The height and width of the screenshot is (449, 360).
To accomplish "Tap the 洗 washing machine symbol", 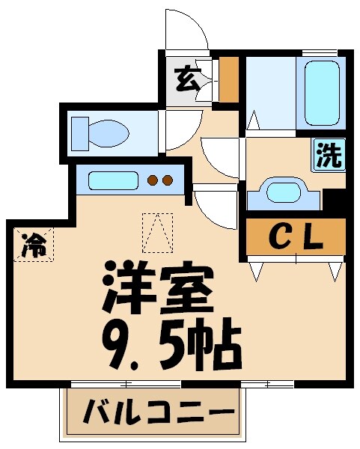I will point(328,155).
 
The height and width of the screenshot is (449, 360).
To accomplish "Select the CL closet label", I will point(296,239).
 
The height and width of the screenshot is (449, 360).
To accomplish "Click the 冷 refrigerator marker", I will point(33,243).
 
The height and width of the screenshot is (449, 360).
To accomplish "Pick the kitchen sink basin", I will point(113,180).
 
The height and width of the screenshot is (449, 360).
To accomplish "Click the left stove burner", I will point(152,180).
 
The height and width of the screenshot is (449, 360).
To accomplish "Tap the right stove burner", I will point(168,180).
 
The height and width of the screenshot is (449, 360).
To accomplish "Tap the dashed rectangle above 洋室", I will point(157,233).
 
